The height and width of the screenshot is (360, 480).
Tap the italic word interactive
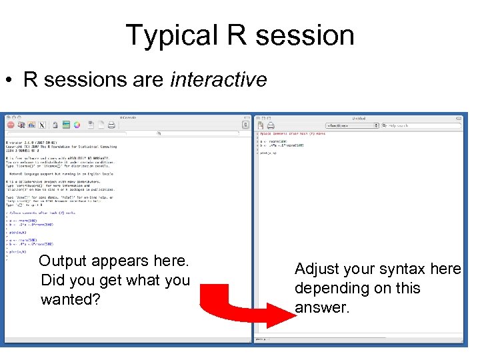[x=219, y=80]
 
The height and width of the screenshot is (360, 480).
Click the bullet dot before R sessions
[x=9, y=81]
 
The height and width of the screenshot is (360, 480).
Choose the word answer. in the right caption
[x=322, y=307]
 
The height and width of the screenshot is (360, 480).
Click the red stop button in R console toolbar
[x=11, y=125]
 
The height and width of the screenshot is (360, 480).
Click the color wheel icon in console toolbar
[x=77, y=125]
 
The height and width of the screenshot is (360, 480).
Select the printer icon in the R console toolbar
[x=111, y=125]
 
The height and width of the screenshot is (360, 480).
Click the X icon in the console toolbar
[x=42, y=125]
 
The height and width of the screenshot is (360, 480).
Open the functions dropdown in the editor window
[x=351, y=125]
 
